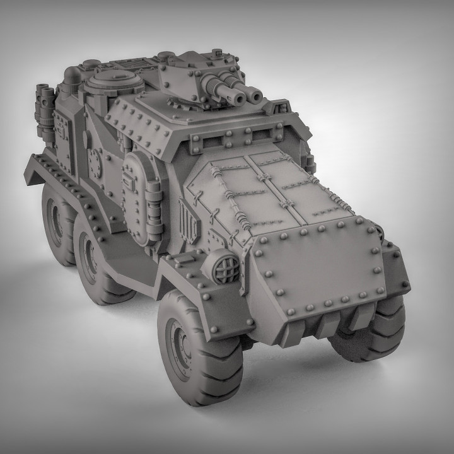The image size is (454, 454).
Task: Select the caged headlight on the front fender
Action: (x=226, y=260)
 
